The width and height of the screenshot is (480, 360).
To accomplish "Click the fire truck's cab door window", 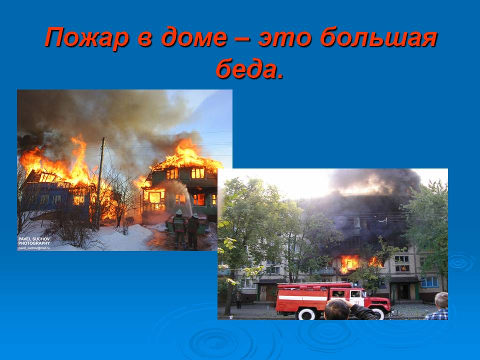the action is click(355, 294).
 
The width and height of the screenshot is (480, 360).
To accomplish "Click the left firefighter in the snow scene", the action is click(179, 228).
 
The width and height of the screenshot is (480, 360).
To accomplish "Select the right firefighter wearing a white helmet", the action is click(193, 231).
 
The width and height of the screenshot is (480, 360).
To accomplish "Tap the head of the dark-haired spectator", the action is click(337, 309).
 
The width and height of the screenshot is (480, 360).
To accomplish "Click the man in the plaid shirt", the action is click(438, 306).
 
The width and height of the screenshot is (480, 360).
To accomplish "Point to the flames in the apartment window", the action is click(349, 263).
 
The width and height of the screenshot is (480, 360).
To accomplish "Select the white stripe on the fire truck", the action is click(302, 298).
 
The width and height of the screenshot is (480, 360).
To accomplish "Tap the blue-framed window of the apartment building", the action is click(430, 282).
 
